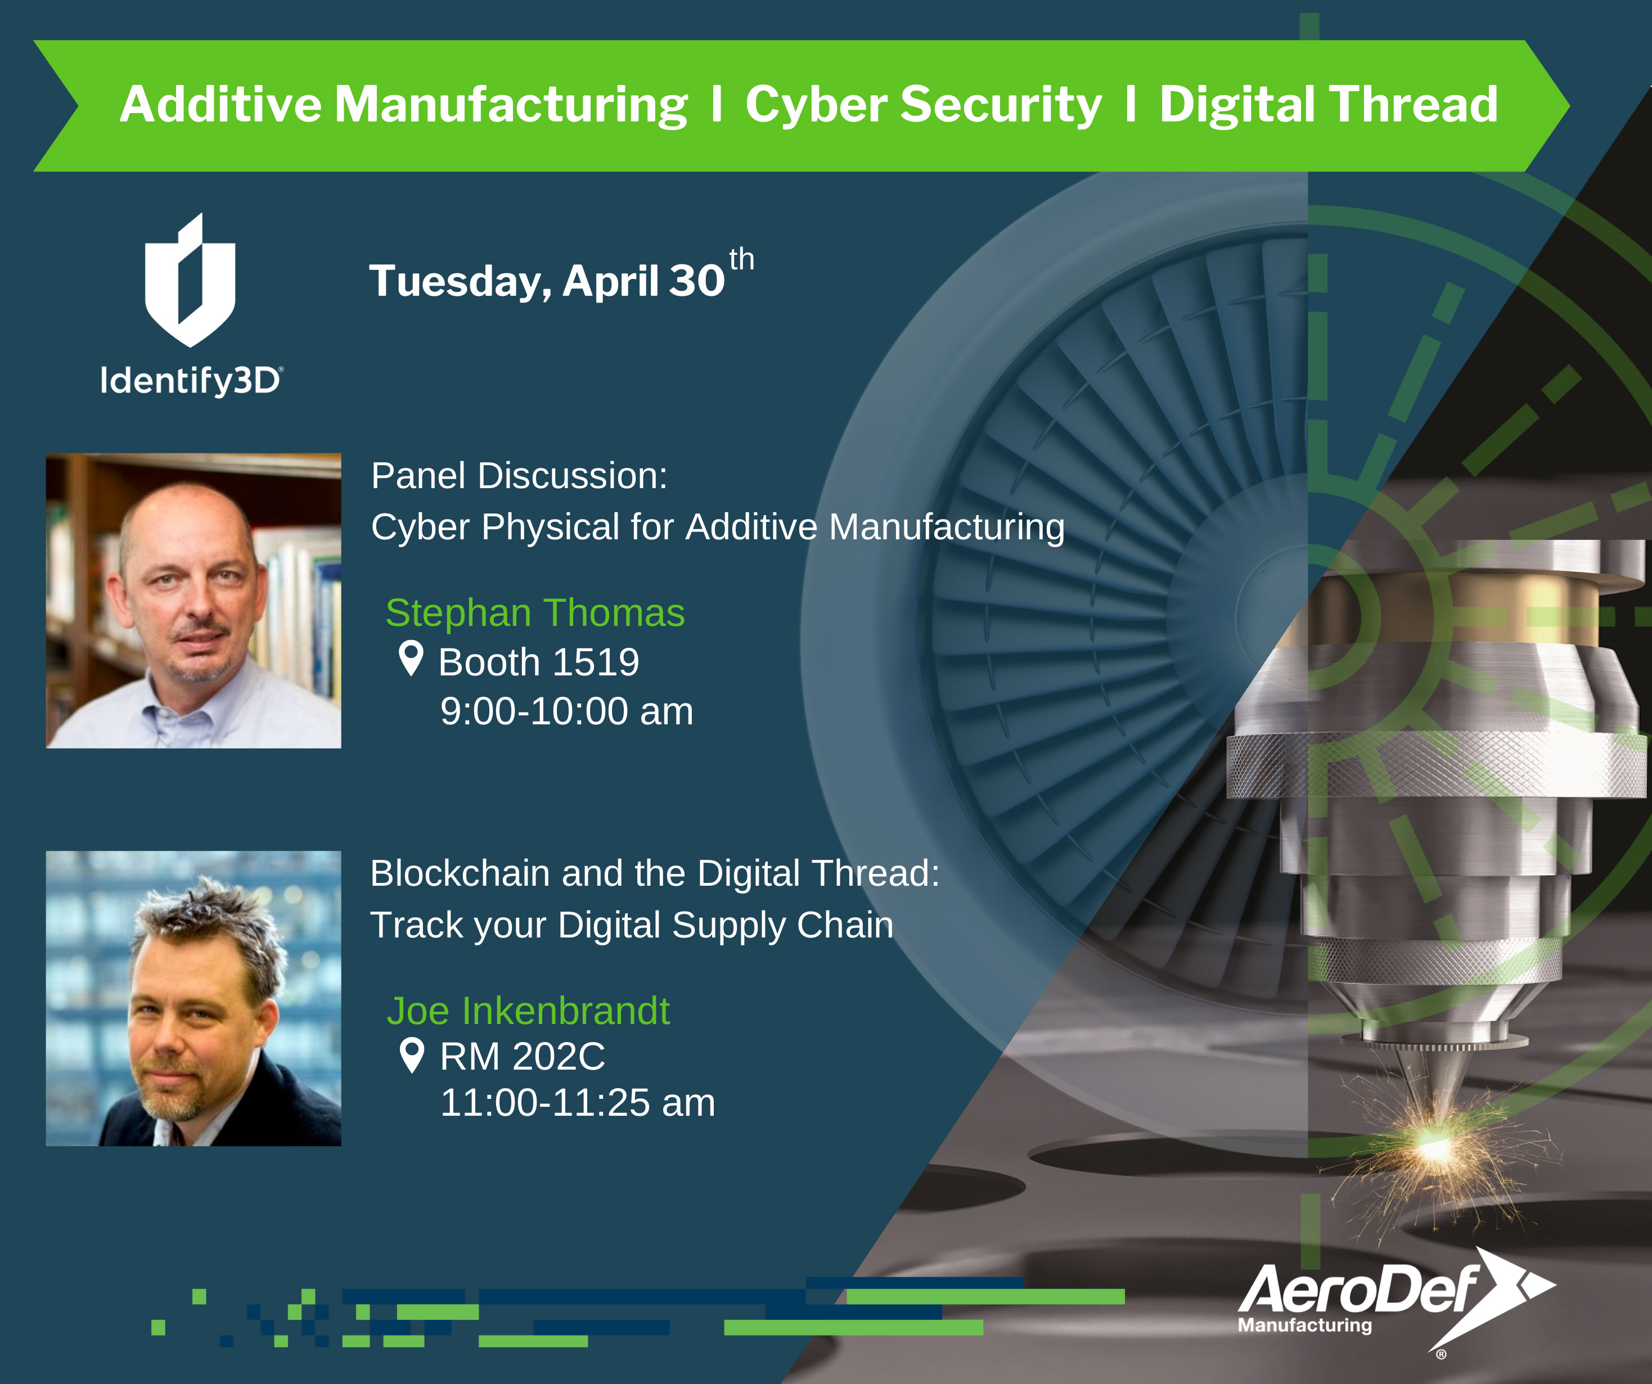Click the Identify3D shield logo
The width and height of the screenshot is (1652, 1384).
[190, 281]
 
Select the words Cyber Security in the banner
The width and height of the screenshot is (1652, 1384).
[923, 105]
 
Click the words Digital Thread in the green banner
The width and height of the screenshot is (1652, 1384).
[1329, 105]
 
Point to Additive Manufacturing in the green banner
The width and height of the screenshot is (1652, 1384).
[403, 105]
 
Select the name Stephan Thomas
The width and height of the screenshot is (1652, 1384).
[535, 612]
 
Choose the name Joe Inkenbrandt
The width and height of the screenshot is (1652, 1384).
[528, 1011]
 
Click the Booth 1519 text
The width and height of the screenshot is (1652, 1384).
[539, 662]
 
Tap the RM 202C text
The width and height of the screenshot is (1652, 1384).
[523, 1056]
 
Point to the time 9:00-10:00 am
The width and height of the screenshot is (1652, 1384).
[566, 711]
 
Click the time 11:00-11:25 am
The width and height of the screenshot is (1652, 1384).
[578, 1102]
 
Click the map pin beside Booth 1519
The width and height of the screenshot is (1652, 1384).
[411, 657]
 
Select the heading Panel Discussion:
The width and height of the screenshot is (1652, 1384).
[519, 476]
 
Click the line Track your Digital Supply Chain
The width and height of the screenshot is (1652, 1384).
[632, 926]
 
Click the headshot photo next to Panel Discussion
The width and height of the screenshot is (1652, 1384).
[193, 601]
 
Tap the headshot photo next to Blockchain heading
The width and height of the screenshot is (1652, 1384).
[193, 999]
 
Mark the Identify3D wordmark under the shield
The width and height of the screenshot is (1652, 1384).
[191, 381]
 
